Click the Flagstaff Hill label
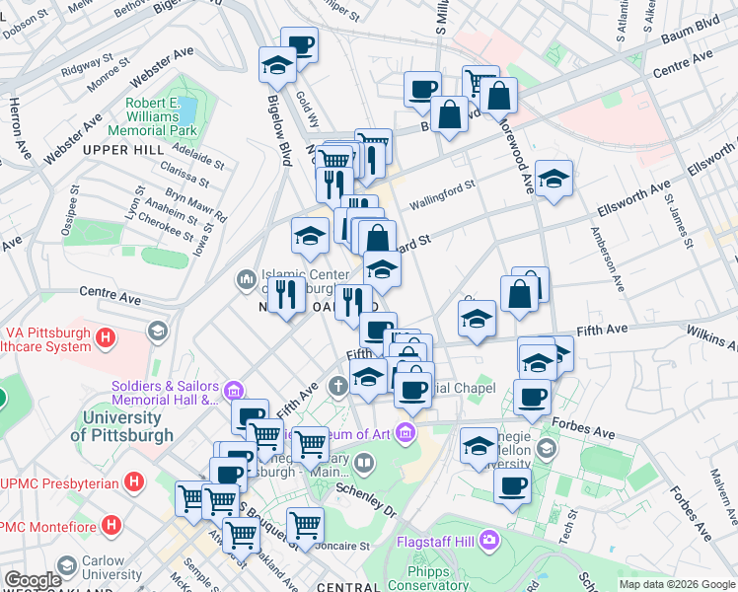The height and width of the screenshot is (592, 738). coord(434,541)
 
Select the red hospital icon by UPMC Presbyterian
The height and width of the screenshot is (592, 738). coord(135,483)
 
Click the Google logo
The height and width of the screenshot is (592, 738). coord(32,580)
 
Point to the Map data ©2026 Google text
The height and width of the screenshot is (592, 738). coord(677,584)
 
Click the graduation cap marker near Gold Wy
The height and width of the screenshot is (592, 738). coord(278,65)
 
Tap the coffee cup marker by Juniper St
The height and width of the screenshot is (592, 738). coord(300,44)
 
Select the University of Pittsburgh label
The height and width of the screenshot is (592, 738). coord(122,425)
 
